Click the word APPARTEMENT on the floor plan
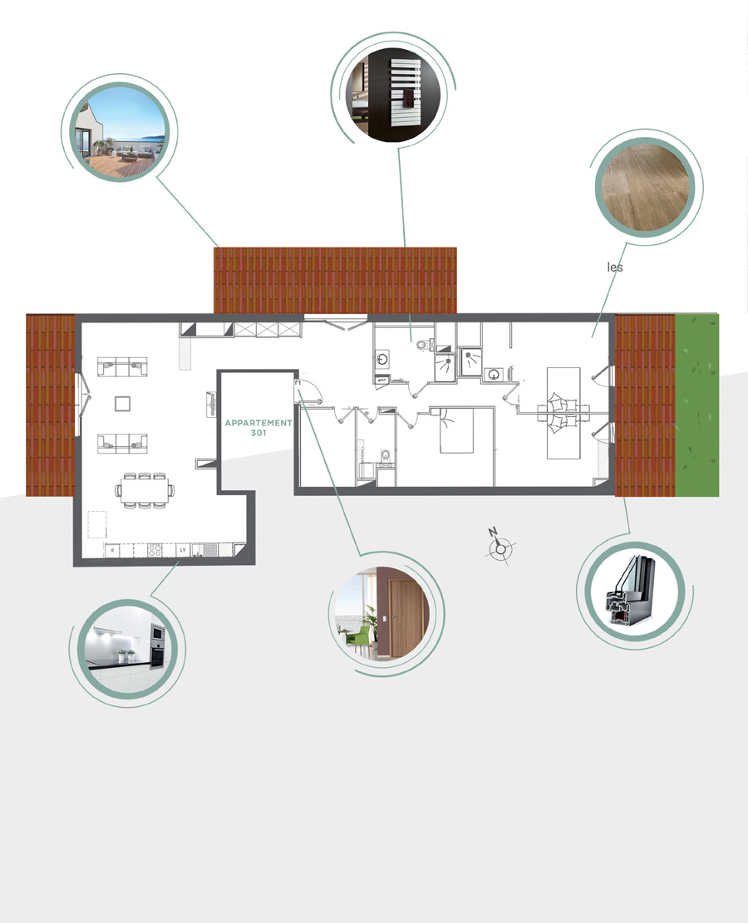click(258, 423)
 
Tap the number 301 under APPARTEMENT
click(258, 433)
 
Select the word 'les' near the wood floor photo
click(615, 268)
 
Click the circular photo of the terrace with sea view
click(120, 132)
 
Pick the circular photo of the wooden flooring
click(644, 187)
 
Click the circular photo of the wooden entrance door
click(381, 613)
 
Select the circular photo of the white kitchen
click(126, 650)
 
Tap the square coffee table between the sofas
click(122, 403)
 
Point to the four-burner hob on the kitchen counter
click(155, 550)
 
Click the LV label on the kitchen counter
click(183, 550)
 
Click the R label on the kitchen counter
click(112, 550)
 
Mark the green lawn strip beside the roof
click(696, 405)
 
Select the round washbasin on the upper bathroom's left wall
click(382, 358)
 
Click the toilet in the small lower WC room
click(385, 456)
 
